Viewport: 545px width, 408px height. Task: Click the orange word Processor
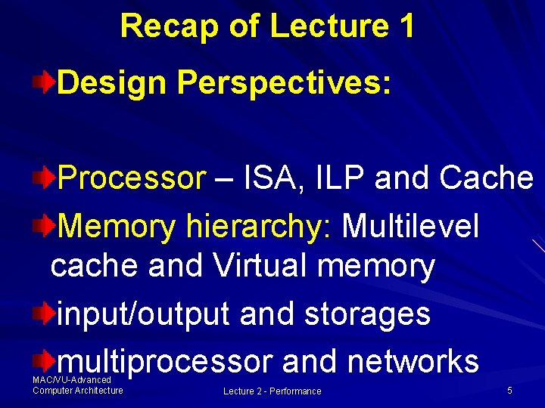[x=131, y=179]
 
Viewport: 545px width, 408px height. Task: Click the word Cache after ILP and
[x=486, y=179]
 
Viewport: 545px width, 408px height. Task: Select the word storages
[x=367, y=314]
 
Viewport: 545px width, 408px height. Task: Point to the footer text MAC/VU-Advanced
[x=72, y=380]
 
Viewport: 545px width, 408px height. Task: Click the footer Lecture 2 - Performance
[x=272, y=391]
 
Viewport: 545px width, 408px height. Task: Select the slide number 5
[x=509, y=391]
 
